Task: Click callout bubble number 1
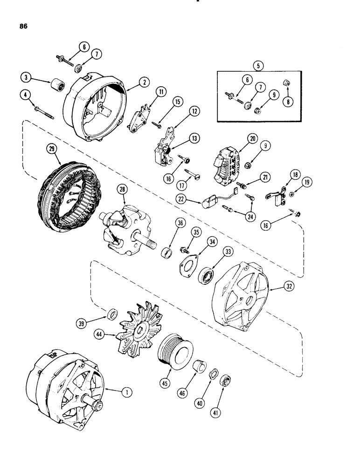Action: [x=124, y=393]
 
